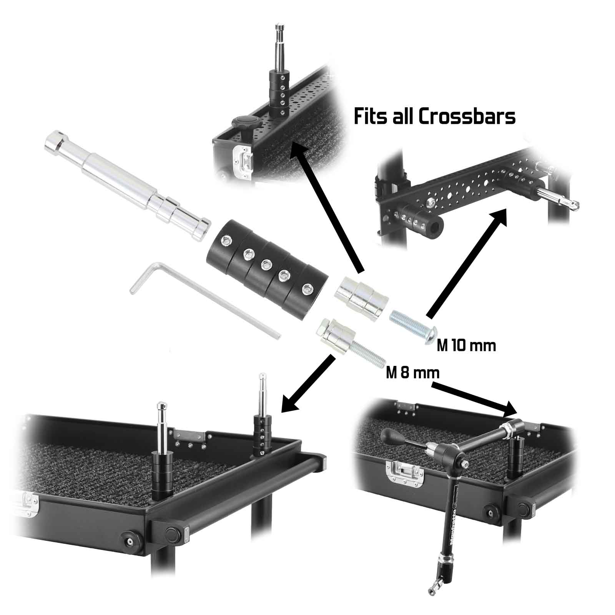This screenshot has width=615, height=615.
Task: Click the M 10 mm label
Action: pos(466,346)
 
